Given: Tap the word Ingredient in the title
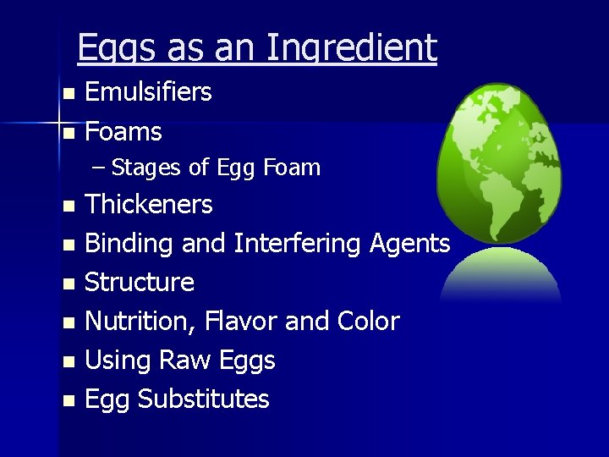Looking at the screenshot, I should point(351,48).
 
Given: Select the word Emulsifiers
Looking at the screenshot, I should point(148,92).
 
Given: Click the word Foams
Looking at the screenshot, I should point(123,132).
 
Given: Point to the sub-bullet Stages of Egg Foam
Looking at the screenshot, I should point(216,168).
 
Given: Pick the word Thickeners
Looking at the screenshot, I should point(149,204).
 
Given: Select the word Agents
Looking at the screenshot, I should point(410,244).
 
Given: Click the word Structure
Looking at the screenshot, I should point(140,282).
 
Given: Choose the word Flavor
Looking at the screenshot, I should point(240,322).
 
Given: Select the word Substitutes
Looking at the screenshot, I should point(203,399).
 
